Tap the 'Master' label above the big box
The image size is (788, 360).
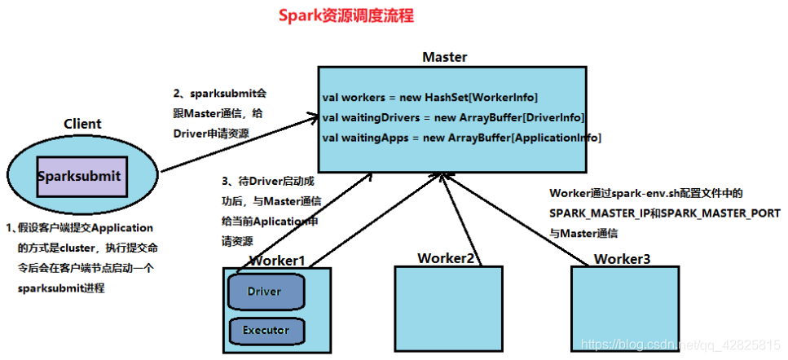(445, 57)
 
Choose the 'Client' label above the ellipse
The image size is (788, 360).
(82, 124)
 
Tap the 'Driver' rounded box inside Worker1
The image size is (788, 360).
(265, 292)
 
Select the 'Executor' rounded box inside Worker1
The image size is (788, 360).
(265, 331)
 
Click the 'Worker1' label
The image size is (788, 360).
(277, 261)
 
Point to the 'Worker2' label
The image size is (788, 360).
(446, 258)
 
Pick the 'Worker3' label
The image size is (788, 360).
(623, 259)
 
